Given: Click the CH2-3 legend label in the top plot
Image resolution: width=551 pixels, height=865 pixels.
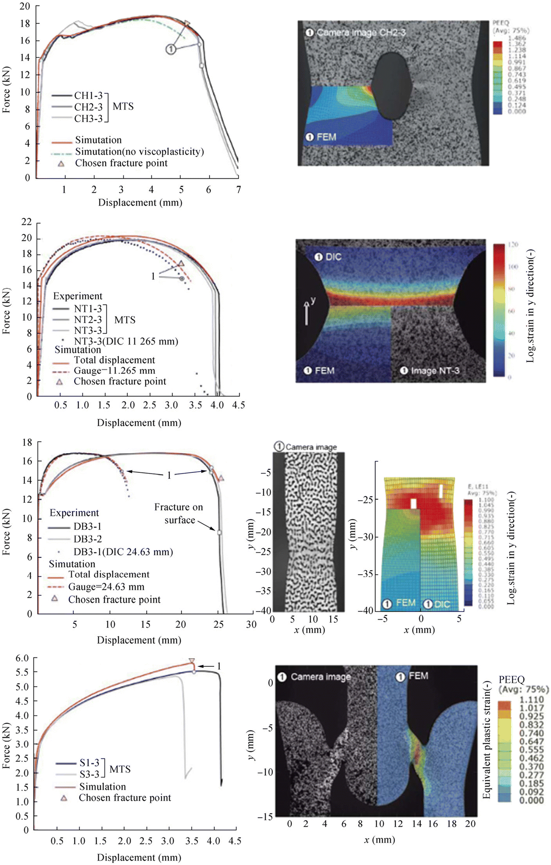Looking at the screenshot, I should [88, 107].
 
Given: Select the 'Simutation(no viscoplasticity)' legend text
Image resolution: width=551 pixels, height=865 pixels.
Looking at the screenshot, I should [140, 152].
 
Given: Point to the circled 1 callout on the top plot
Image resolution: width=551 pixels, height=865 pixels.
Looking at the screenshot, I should [171, 49].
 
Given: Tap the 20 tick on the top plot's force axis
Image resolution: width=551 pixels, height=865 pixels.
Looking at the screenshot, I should [25, 6].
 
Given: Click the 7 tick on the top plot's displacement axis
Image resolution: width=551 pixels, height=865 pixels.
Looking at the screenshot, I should [238, 190].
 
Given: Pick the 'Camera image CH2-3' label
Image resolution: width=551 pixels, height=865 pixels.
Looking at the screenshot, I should [361, 33].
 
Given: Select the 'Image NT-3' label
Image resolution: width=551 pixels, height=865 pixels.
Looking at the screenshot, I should [434, 371].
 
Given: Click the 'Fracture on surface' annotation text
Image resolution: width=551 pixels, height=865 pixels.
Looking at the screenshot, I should [179, 514].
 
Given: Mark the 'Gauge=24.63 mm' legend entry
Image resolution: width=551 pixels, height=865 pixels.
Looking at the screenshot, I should [106, 587].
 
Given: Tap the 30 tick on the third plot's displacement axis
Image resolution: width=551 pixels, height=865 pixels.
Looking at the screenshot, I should [251, 624].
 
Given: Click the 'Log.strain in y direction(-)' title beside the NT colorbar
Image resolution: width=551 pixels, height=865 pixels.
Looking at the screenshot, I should [530, 306].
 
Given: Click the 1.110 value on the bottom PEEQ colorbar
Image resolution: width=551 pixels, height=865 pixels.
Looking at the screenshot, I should [531, 699].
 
